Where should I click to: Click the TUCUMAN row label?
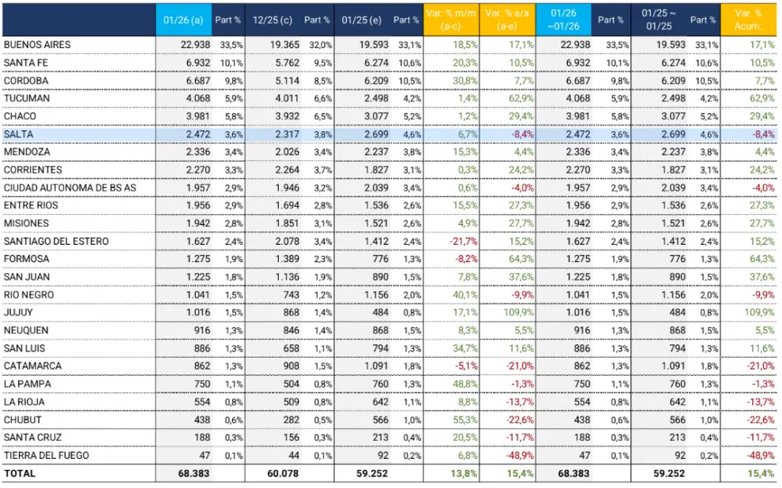[x=27, y=98]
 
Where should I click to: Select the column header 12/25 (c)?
[x=273, y=20]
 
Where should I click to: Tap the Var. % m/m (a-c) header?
[x=451, y=20]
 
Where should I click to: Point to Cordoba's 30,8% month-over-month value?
[x=464, y=81]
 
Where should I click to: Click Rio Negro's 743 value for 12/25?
[x=291, y=295]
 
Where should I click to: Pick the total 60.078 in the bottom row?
[x=283, y=474]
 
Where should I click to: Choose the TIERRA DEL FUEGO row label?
[x=47, y=455]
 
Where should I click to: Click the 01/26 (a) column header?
[x=183, y=20]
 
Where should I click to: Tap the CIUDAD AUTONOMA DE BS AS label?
[x=70, y=187]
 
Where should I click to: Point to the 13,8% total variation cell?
[x=464, y=474]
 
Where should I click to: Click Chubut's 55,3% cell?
[x=464, y=420]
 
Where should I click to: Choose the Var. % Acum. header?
[x=748, y=20]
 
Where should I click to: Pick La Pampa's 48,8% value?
[x=464, y=384]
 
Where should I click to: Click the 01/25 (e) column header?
[x=362, y=20]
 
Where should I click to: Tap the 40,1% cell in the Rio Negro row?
[x=464, y=295]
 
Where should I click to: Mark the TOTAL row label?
[x=20, y=474]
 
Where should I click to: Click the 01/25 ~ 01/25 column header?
[x=659, y=20]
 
